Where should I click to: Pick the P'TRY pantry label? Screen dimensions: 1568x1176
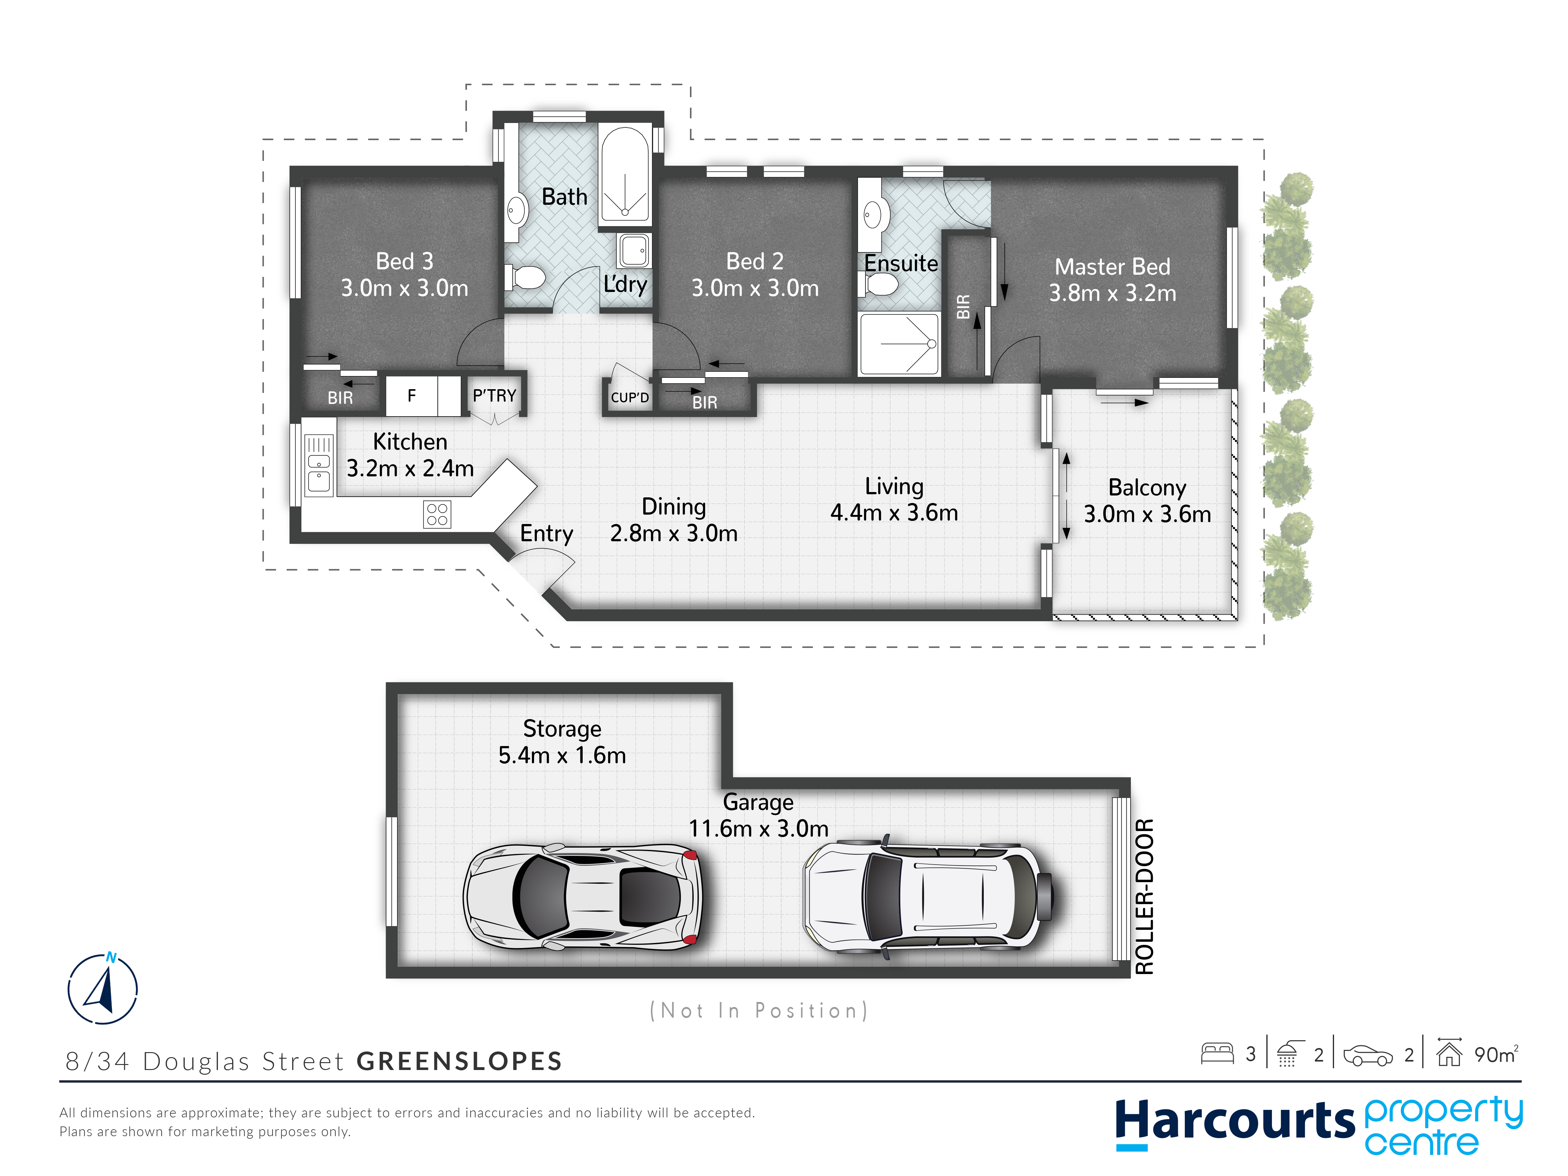point(494,395)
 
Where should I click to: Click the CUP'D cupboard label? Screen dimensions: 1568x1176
point(629,398)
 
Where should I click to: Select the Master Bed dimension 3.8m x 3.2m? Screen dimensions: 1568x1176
point(1112,293)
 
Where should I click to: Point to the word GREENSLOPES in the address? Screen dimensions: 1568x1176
point(459,1061)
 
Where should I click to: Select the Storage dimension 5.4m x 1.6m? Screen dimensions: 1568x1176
point(562,755)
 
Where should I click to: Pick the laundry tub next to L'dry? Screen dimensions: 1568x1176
point(634,250)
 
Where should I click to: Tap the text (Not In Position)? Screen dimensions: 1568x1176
point(759,1010)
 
